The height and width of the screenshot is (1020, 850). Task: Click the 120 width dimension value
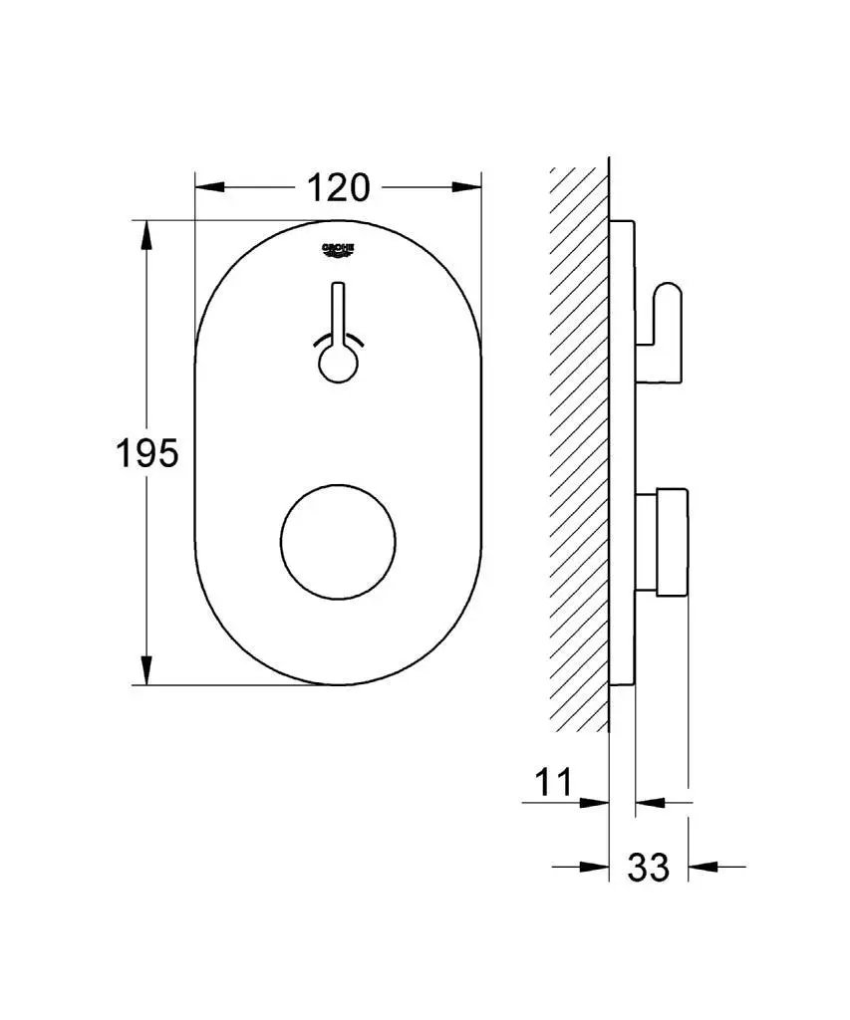(338, 186)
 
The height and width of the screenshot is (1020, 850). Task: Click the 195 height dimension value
(146, 453)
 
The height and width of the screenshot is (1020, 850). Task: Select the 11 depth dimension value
(554, 782)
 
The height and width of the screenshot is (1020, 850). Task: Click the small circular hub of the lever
(339, 364)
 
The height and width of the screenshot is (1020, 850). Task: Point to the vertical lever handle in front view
(339, 314)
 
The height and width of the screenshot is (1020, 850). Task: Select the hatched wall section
(579, 448)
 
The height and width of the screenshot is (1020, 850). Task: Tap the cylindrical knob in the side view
(671, 542)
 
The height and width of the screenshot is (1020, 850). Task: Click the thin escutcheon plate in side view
(622, 453)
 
